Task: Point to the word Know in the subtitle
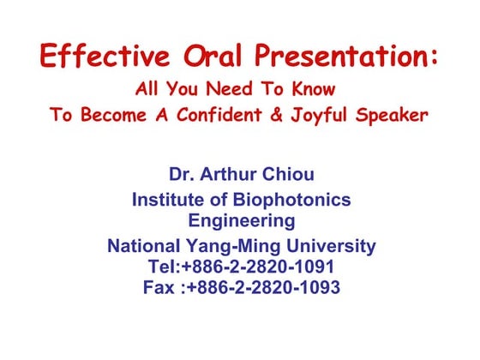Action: (x=310, y=89)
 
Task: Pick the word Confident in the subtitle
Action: (x=213, y=115)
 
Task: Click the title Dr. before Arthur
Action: (x=181, y=175)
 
